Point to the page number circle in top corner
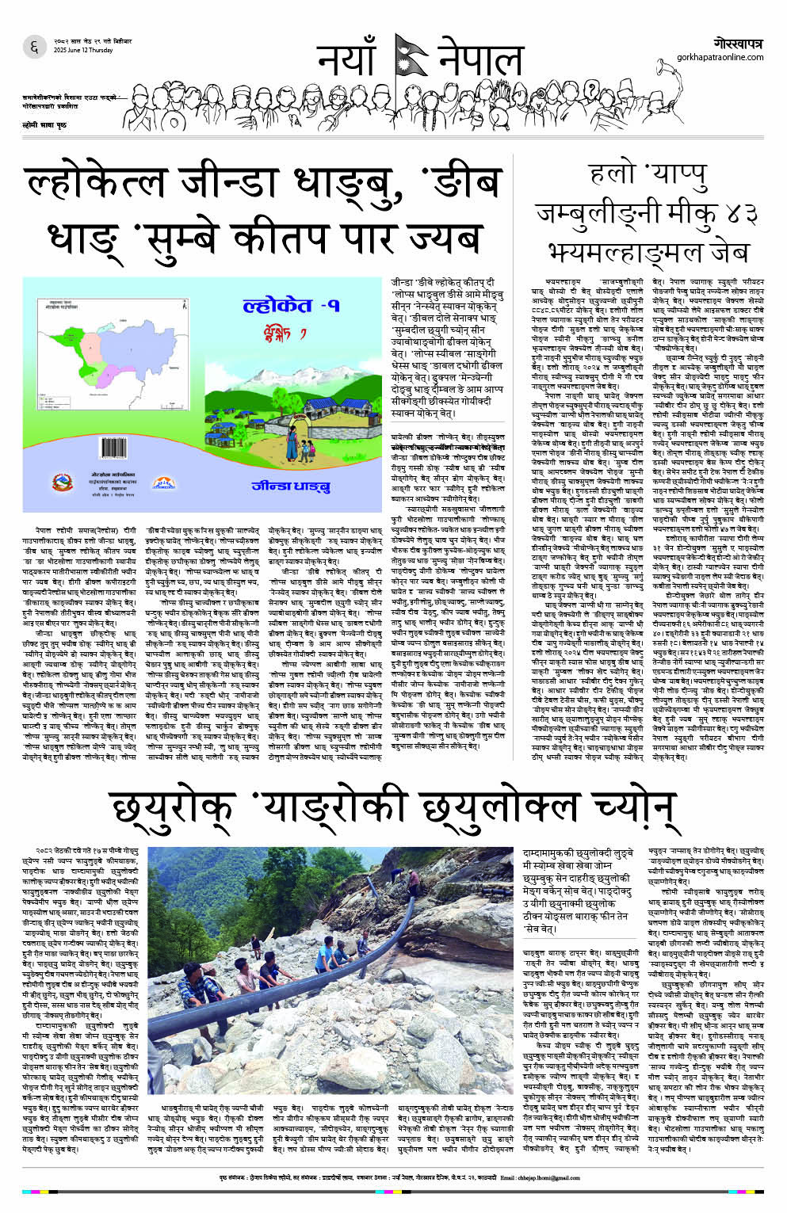pos(34,48)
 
